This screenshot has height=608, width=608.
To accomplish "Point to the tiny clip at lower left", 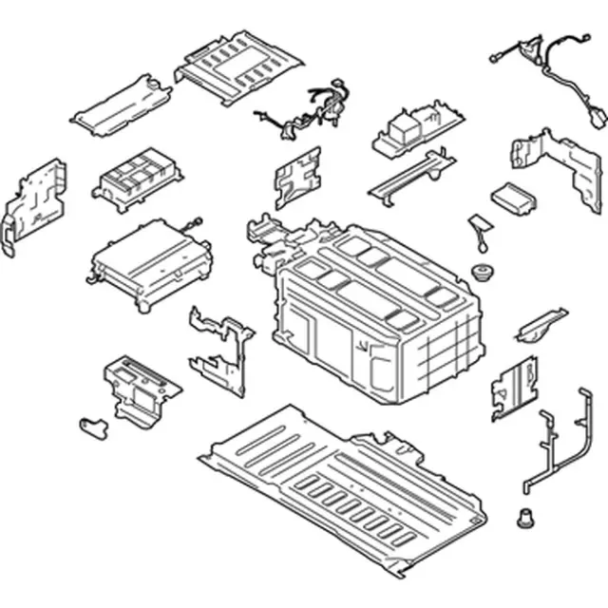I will pyautogui.click(x=92, y=425).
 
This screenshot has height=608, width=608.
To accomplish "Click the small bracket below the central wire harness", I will pyautogui.click(x=296, y=177).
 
